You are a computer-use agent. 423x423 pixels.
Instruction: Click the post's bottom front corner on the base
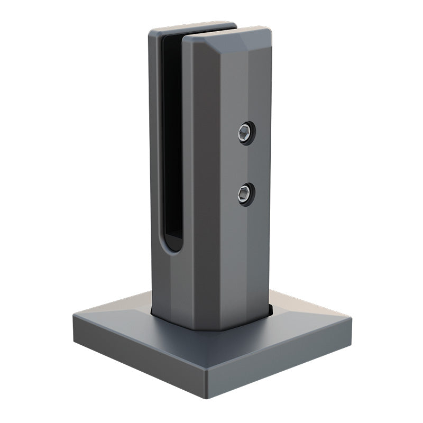tap(202, 329)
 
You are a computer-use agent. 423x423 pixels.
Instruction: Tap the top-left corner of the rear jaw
tap(150, 31)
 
